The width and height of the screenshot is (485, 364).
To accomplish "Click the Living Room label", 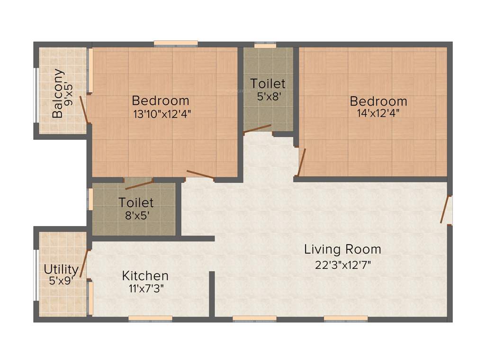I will pos(342,249).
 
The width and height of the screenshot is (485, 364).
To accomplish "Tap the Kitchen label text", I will pos(145,275).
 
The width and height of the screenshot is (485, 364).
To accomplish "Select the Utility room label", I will pos(61,270).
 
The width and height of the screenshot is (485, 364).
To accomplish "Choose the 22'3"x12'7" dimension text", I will pos(342,264).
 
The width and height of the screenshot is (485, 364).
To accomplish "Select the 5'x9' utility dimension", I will pos(61,281).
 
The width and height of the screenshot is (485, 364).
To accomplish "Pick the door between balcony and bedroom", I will pos(84,109).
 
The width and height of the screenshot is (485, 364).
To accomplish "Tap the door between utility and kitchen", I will pos(84,264).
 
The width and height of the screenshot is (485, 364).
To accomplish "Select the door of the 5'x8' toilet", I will pos(257,128).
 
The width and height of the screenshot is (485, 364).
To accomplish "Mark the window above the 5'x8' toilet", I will pos(265,45).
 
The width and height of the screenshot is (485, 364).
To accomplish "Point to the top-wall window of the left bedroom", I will pos(176,44).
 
